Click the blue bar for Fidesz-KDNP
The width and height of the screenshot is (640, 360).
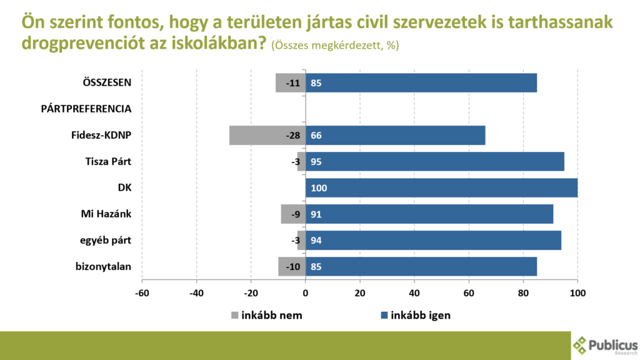[395, 135]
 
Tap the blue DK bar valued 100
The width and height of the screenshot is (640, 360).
[441, 187]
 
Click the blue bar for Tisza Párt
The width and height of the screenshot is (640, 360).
[435, 161]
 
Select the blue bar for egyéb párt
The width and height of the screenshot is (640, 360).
[433, 240]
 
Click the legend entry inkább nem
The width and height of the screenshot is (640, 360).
[267, 315]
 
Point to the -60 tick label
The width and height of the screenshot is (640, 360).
[142, 292]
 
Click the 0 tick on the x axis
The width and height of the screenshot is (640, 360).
[306, 292]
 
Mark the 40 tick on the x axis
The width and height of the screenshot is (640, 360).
[414, 292]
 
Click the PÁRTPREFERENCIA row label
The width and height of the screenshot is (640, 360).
[86, 109]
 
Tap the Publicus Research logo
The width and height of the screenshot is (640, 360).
[605, 345]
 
